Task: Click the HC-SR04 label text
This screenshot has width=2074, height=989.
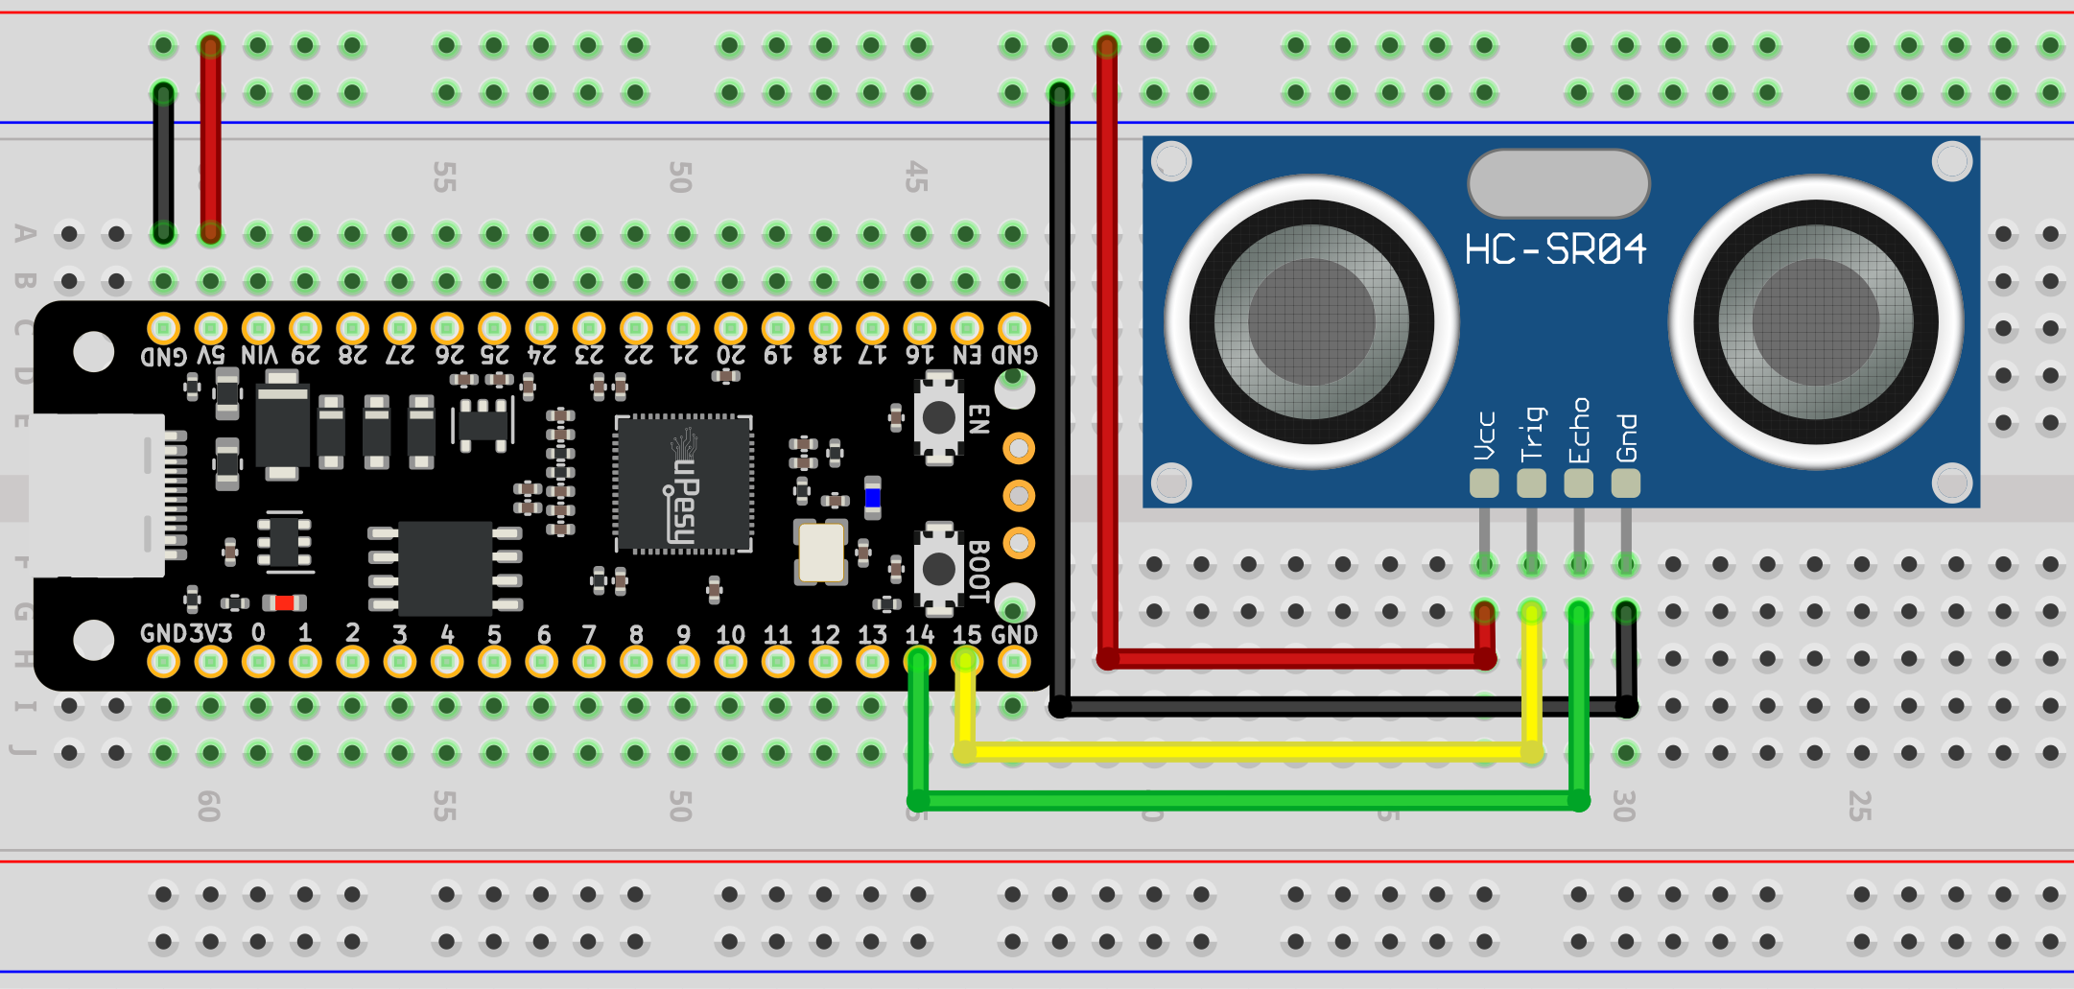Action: [1555, 250]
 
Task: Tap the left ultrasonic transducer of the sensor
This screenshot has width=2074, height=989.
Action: [1311, 321]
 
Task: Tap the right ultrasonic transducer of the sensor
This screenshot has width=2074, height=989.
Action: [1815, 321]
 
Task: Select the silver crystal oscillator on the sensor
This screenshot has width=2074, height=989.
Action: [1558, 183]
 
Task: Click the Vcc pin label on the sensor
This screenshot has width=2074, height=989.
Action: [1484, 436]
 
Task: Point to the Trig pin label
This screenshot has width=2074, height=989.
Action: [1532, 434]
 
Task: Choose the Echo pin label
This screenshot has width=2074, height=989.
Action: [1579, 431]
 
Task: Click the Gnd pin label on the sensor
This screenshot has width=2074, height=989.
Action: [1626, 437]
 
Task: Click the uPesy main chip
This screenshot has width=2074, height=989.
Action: [683, 484]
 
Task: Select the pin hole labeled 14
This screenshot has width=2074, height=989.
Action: [919, 661]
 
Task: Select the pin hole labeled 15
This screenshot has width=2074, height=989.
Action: [966, 661]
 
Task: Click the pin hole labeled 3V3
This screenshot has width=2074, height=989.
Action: [211, 661]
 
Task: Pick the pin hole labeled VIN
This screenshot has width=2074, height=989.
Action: [258, 328]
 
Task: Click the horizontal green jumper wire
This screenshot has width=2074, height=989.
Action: [1247, 800]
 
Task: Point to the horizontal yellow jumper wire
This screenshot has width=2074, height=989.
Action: [1247, 752]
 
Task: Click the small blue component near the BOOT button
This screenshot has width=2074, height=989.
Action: [872, 497]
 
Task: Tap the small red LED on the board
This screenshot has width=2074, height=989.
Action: [285, 602]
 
